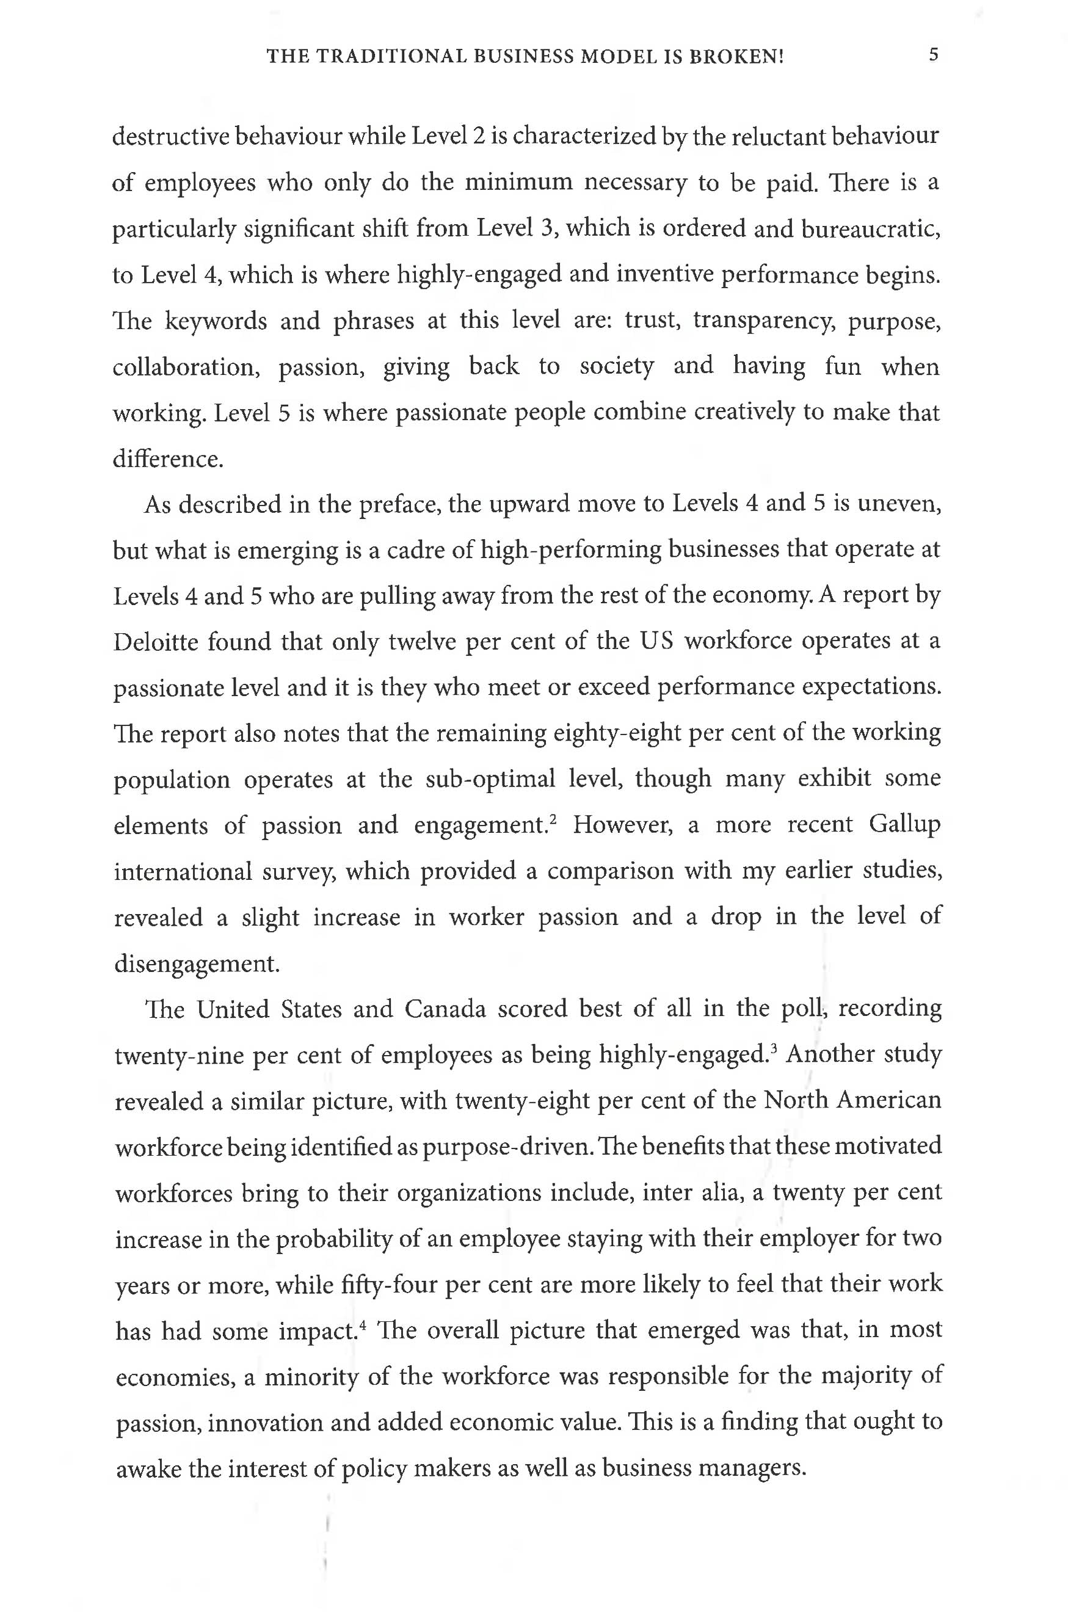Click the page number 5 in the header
tap(933, 54)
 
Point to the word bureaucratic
tap(871, 229)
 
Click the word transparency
tap(763, 321)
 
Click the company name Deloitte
tap(156, 642)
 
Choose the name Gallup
tap(904, 824)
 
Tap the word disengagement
tap(197, 963)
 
